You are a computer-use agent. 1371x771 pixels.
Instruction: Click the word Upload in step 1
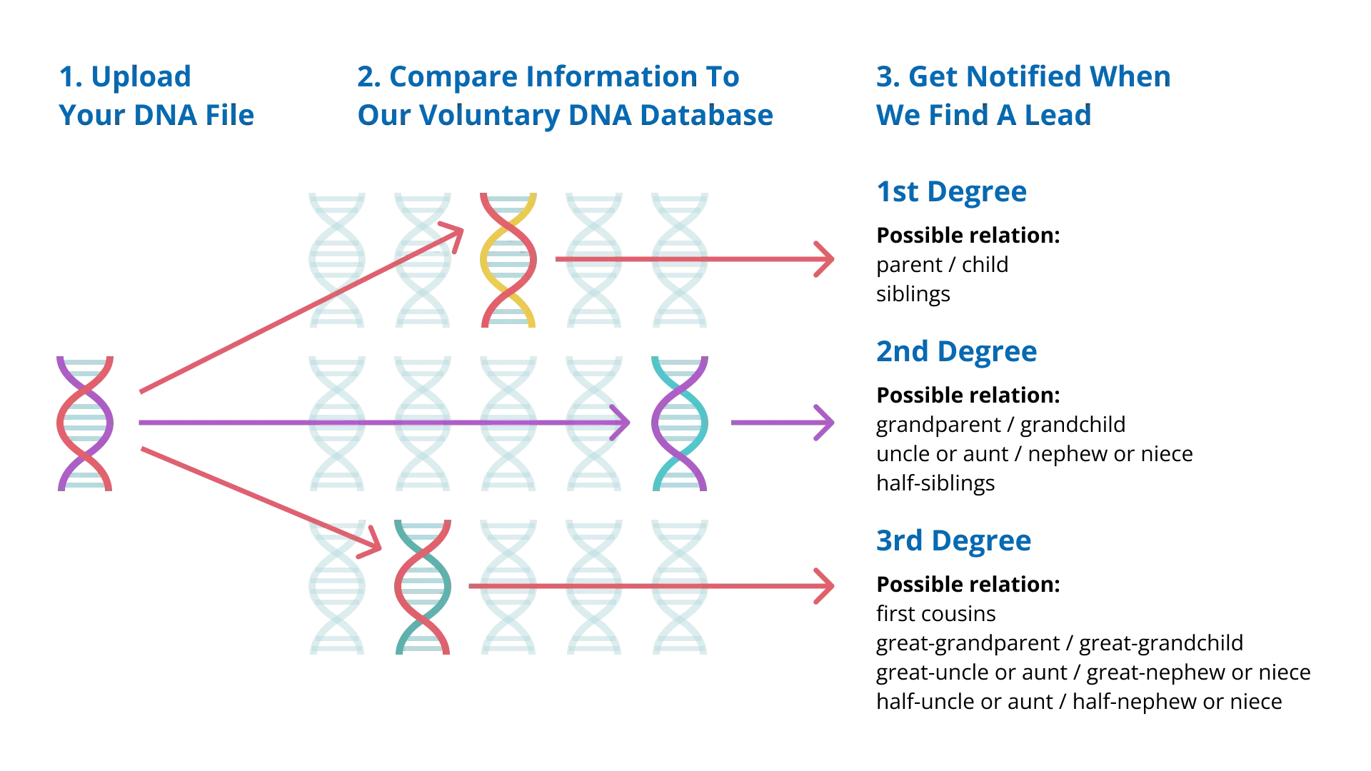click(x=142, y=77)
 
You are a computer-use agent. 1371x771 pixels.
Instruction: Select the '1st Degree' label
click(x=951, y=192)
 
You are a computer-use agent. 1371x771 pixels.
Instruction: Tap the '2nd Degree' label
click(x=956, y=352)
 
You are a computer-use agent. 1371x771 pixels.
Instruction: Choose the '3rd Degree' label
click(x=953, y=541)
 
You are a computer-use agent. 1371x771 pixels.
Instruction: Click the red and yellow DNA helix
click(x=508, y=259)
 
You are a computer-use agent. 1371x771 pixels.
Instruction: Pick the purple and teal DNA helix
click(x=679, y=423)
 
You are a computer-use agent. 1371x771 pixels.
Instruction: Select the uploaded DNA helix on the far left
click(x=85, y=423)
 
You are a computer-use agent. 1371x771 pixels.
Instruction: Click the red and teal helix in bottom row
click(x=422, y=588)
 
